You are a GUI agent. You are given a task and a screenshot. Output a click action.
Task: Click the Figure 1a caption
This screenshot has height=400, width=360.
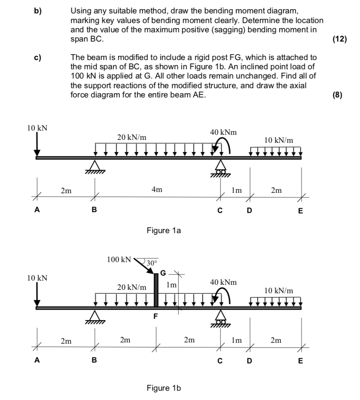click(163, 230)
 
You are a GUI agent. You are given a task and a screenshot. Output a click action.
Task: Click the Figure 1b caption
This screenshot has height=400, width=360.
click(163, 387)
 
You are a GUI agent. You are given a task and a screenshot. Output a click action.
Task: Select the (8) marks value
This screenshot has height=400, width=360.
click(337, 95)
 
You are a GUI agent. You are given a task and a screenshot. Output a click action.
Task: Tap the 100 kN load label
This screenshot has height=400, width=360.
click(119, 259)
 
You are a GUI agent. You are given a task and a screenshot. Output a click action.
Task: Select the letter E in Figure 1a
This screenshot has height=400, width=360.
click(300, 211)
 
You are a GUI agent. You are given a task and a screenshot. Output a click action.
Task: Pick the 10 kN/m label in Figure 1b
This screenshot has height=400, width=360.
click(279, 290)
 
